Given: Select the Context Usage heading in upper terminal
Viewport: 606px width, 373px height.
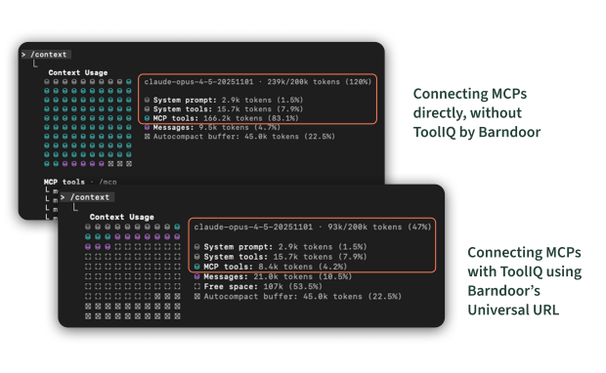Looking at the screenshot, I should pyautogui.click(x=78, y=72).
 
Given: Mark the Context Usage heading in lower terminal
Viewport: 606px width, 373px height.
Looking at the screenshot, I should pyautogui.click(x=121, y=217).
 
